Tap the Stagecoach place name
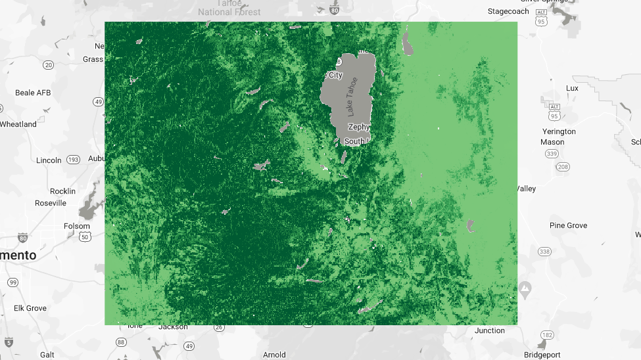508,11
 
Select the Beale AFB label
33,93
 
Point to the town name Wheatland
18,124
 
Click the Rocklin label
63,191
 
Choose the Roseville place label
51,203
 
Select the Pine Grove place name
568,225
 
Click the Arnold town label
274,355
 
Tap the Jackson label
173,326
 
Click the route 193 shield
73,160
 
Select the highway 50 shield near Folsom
83,236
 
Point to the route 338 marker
544,252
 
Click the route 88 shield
121,342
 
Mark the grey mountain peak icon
525,288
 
